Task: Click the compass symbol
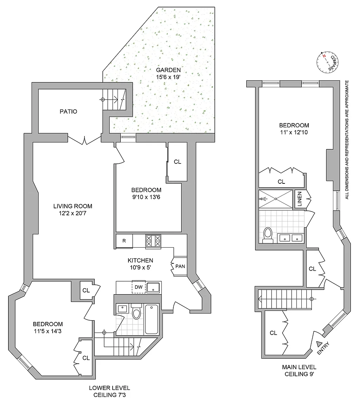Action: [327, 62]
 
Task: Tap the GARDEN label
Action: [168, 70]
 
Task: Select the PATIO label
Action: [68, 112]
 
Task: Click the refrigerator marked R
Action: [124, 241]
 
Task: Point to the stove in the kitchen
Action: [153, 241]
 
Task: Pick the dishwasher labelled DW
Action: [139, 287]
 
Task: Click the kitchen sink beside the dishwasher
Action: [153, 287]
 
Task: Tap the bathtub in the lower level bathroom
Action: [152, 319]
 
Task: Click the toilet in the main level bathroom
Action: [268, 235]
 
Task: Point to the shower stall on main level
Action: [276, 199]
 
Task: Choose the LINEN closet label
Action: [299, 199]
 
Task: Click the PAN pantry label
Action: [180, 267]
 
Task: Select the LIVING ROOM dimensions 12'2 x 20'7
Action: [73, 213]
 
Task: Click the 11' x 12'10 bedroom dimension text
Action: [294, 133]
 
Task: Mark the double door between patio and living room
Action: [84, 140]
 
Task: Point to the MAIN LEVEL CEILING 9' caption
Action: [299, 370]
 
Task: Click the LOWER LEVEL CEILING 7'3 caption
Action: [109, 391]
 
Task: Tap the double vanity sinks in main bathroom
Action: [291, 238]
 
